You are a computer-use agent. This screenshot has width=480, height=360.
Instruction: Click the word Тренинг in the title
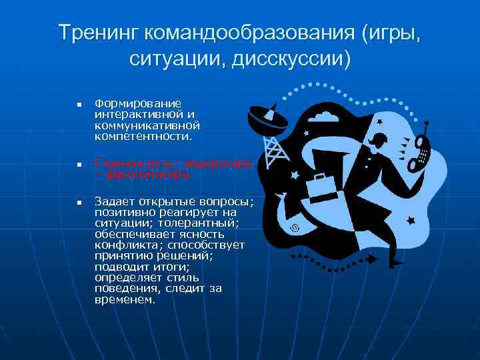point(97,32)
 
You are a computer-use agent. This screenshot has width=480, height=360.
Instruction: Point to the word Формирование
point(138,103)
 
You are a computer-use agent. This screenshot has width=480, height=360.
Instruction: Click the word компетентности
point(143,135)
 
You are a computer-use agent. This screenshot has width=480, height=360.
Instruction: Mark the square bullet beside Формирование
point(78,105)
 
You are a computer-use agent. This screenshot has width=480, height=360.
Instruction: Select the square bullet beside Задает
point(78,201)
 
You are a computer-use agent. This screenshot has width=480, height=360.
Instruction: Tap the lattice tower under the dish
point(276,151)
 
